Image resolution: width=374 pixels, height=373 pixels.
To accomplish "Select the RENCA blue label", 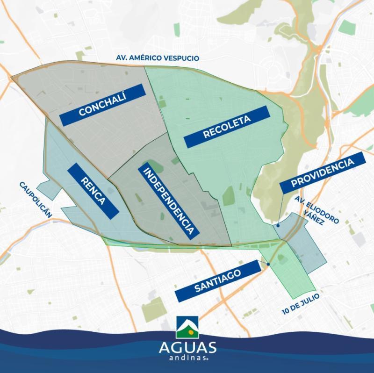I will [x=93, y=191].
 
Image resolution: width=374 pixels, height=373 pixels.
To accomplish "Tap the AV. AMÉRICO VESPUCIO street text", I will [x=158, y=58].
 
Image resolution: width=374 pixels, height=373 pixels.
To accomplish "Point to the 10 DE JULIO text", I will [x=301, y=304].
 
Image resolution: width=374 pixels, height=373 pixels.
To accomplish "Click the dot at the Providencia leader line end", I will [x=279, y=225].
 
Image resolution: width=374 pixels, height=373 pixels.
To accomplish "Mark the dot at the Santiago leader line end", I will [x=268, y=265].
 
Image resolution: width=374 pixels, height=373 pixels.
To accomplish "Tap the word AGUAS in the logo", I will [x=187, y=348].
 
